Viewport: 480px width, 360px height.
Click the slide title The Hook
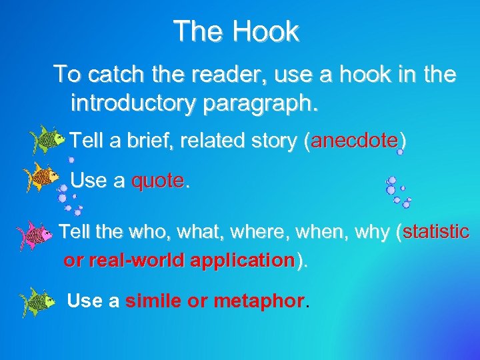point(236,31)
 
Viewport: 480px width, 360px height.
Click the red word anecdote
point(354,141)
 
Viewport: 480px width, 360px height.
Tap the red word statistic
point(436,232)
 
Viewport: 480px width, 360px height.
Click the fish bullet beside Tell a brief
point(47,139)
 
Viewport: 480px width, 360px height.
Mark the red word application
point(241,259)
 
